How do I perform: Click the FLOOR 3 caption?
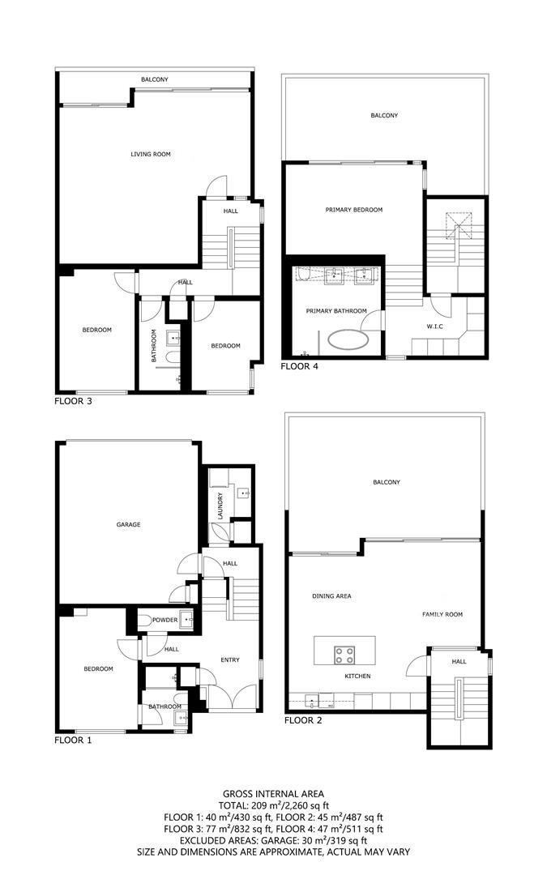[73, 400]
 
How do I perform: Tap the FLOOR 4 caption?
[300, 366]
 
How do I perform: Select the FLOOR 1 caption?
[73, 740]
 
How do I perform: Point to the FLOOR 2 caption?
[304, 719]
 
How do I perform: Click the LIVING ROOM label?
[151, 154]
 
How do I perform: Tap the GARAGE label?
[128, 524]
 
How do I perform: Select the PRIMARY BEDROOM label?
[353, 210]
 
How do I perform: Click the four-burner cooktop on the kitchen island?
[344, 651]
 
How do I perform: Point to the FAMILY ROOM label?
[442, 614]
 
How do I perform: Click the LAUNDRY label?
[220, 506]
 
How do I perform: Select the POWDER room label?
[165, 620]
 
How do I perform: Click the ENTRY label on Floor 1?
[230, 659]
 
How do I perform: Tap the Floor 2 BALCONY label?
[386, 482]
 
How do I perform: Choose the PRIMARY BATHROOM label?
[336, 311]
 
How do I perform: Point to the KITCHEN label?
[357, 676]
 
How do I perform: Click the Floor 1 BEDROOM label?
[98, 668]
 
